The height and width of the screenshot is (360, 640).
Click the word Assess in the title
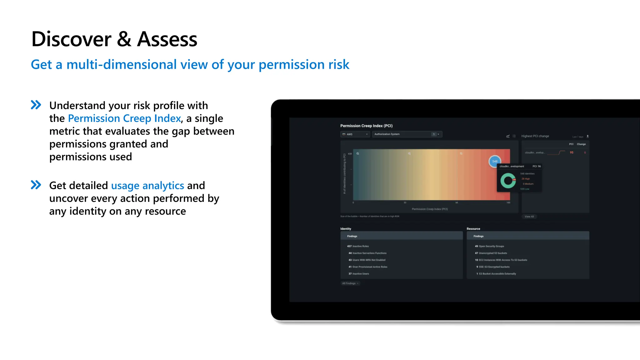point(167,39)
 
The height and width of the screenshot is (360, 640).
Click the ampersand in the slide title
point(124,39)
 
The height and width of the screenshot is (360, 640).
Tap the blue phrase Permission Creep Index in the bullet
point(124,118)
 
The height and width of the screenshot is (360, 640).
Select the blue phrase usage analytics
point(147,186)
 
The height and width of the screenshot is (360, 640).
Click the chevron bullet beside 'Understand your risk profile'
point(36,105)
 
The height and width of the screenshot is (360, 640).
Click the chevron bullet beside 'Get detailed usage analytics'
point(36,185)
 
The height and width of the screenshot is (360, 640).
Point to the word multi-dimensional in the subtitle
point(137,65)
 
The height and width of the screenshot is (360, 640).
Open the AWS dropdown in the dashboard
point(355,134)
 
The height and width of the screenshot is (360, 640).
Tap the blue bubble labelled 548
point(495,161)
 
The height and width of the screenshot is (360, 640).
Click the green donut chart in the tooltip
point(508,181)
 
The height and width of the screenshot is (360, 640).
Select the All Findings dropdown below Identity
point(350,283)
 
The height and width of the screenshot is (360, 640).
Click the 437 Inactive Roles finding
point(358,246)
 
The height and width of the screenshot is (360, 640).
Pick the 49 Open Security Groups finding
point(489,246)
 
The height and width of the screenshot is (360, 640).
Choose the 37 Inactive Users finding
point(359,274)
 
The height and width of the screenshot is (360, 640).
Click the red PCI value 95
point(572,152)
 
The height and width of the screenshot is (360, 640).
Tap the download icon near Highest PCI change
point(587,137)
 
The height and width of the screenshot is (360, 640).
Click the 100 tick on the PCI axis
point(508,203)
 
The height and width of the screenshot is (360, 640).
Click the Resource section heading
point(473,229)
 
